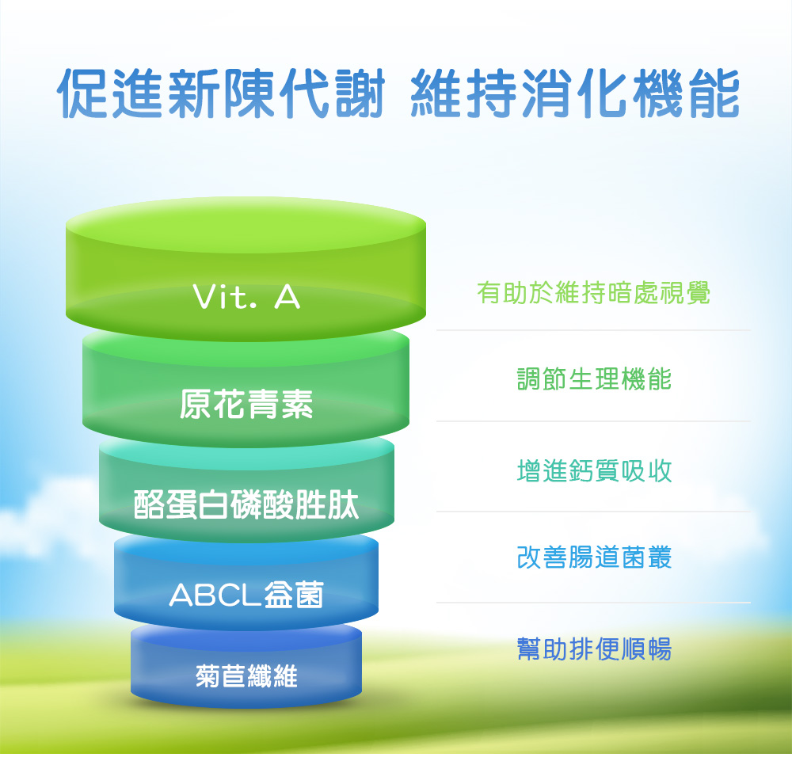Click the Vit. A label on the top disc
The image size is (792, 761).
(x=246, y=296)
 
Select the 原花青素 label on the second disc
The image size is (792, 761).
(x=246, y=404)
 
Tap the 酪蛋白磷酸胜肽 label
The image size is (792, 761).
(x=246, y=504)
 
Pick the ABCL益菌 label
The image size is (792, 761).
(x=246, y=595)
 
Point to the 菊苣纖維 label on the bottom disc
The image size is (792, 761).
(x=246, y=675)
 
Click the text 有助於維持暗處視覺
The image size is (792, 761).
(x=594, y=293)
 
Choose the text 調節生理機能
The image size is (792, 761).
(x=594, y=379)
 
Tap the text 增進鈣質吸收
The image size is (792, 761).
(x=594, y=470)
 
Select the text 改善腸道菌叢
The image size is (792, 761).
(x=594, y=557)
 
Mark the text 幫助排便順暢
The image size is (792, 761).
(x=594, y=649)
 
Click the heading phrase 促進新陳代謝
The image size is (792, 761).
(x=221, y=94)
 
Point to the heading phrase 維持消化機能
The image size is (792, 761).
(x=575, y=94)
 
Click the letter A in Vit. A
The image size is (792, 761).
(x=287, y=297)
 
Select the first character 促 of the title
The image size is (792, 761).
(x=83, y=94)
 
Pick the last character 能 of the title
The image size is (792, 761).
(x=714, y=94)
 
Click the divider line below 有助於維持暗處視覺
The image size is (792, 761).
(x=593, y=330)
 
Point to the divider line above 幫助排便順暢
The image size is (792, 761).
(x=593, y=603)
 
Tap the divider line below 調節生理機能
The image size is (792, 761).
(x=593, y=421)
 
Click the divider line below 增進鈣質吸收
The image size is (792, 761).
(x=593, y=512)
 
